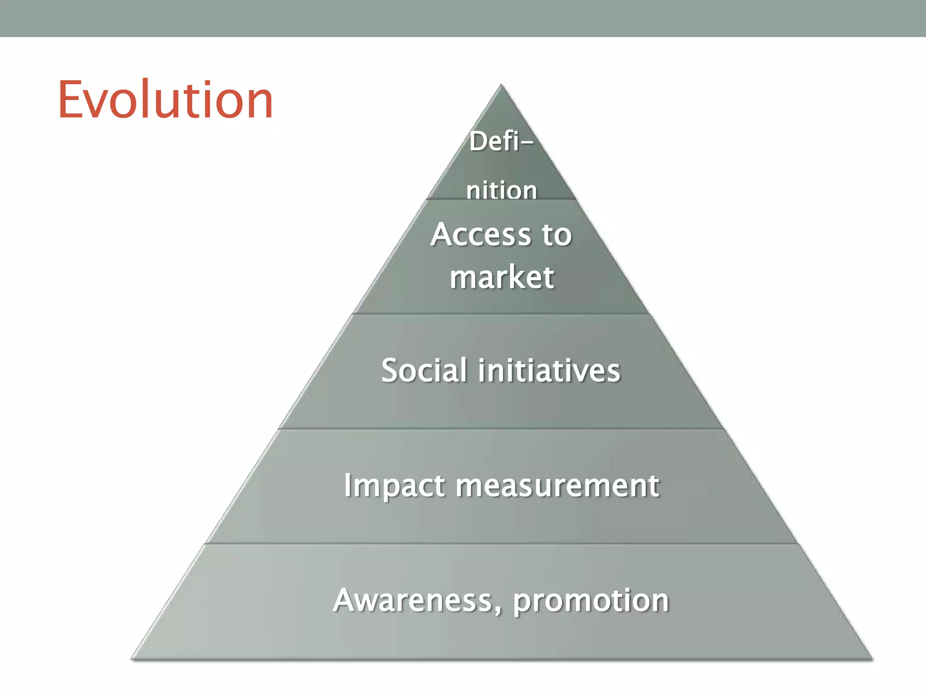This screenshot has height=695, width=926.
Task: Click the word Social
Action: coord(424,370)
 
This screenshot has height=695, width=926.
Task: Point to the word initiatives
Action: coord(549,370)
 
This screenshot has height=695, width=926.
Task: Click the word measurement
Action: coord(557,486)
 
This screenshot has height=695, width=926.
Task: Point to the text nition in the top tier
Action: coord(501,190)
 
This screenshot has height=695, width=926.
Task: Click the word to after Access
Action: coord(557,235)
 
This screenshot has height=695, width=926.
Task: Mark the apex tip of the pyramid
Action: coord(501,86)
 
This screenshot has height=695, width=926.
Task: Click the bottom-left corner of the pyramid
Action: coord(132,658)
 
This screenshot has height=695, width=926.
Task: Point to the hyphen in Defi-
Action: coord(527,143)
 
